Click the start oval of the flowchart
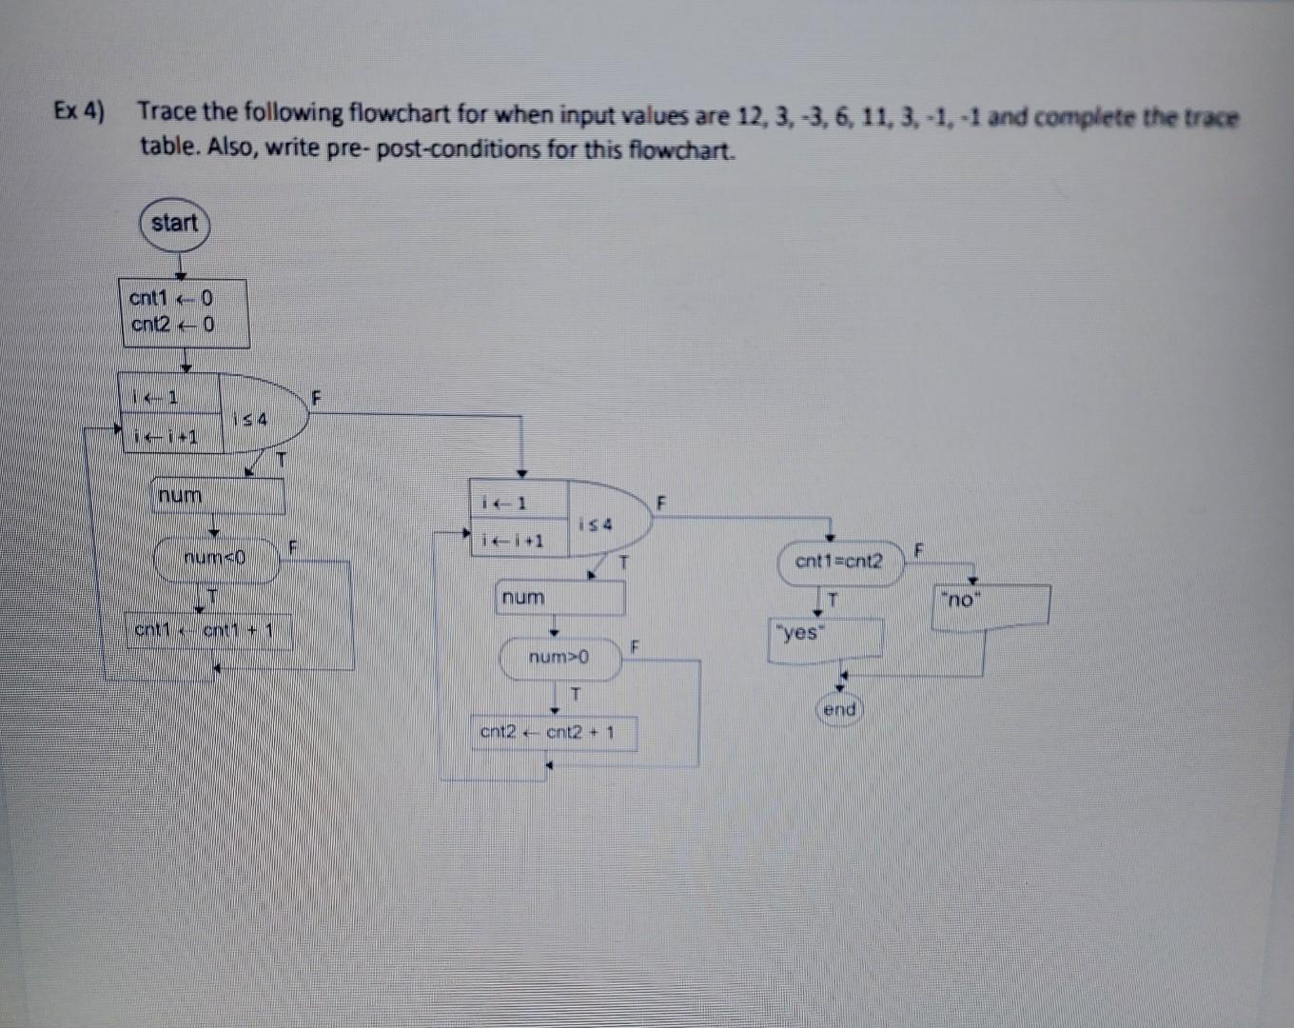[174, 224]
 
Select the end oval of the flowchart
[839, 710]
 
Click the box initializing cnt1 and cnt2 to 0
[183, 312]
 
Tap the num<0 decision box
[217, 559]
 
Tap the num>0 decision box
[559, 658]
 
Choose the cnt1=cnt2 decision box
[838, 562]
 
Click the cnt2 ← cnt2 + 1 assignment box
[553, 733]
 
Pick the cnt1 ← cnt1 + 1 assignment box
[208, 630]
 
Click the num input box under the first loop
[218, 496]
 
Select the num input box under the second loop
[559, 598]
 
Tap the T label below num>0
[574, 695]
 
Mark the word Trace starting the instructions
[167, 111]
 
